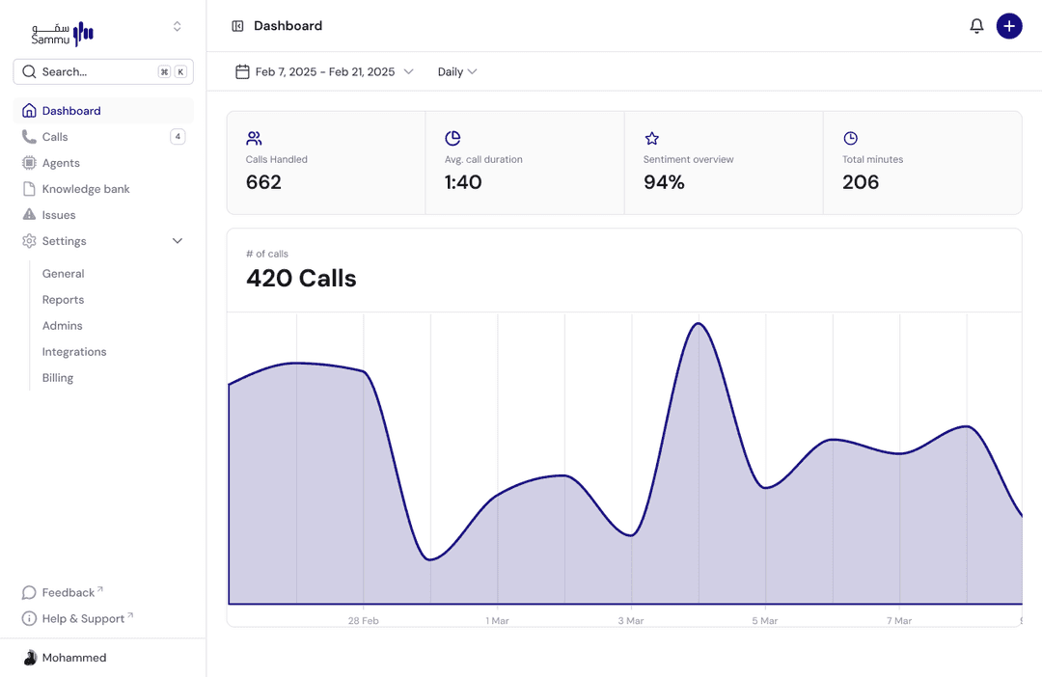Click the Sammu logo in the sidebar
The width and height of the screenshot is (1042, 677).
(63, 33)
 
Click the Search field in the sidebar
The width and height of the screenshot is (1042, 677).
(96, 71)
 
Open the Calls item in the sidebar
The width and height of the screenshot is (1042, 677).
(55, 137)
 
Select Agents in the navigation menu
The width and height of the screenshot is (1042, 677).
(61, 163)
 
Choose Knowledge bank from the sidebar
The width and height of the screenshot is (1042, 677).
(86, 189)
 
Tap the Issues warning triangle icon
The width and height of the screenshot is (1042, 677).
(29, 215)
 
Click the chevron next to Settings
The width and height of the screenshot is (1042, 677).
(178, 241)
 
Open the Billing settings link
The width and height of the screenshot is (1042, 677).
(58, 378)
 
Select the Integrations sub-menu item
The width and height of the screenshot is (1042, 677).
(74, 352)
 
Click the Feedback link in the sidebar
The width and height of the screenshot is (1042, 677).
(69, 592)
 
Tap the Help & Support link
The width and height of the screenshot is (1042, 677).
(83, 618)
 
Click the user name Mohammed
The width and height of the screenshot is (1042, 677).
(74, 658)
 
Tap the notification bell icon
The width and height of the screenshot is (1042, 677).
(976, 26)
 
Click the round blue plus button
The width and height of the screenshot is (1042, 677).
(1009, 26)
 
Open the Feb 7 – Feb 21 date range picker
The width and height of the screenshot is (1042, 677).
(324, 71)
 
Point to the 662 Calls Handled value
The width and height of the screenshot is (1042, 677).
(263, 182)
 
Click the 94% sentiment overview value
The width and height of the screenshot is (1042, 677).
(664, 182)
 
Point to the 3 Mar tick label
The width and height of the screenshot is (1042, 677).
(631, 621)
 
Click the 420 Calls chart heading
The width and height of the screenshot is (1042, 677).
(301, 279)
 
